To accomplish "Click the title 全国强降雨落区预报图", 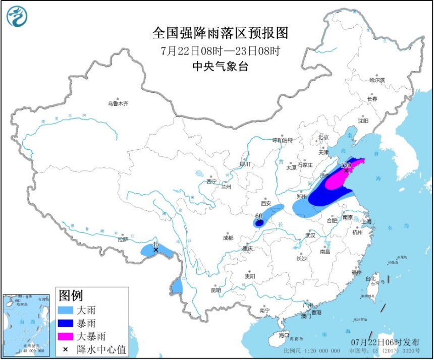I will pos(220,33).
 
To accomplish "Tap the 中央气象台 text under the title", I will pos(220,66).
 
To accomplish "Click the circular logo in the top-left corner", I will pos(17,16).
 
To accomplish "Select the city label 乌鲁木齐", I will pos(118,104).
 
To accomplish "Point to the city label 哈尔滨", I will pos(376,80).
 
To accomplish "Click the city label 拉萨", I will pos(123,239).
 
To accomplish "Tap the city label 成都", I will pos(227,238).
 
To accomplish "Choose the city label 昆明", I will pos(215,290).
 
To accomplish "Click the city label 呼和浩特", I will pos(283,140).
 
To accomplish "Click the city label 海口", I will pos(284,335).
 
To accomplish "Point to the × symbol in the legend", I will pos(66,348).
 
